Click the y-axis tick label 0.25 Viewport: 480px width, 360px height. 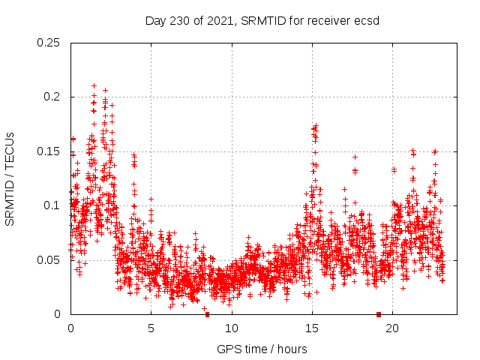(x=49, y=42)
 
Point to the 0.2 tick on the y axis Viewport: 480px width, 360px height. (x=54, y=97)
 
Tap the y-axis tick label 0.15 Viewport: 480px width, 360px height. (x=49, y=151)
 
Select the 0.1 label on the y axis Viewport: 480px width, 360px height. (x=54, y=205)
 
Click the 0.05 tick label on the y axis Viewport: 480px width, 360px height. (x=49, y=259)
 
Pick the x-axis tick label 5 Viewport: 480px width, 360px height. (x=151, y=328)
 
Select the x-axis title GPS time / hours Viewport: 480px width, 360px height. (x=262, y=349)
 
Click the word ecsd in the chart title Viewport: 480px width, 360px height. (x=367, y=20)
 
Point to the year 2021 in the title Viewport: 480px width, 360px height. (x=220, y=20)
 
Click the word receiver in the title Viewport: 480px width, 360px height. (x=331, y=20)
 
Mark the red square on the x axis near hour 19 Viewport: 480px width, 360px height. (x=379, y=314)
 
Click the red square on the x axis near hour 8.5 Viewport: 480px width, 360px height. (x=207, y=314)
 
